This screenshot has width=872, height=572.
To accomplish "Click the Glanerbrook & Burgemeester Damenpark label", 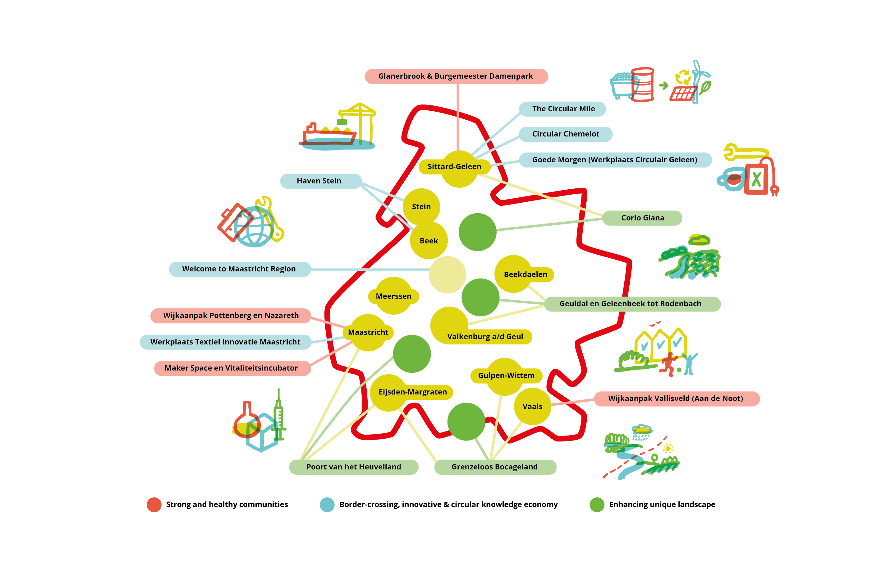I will [456, 76].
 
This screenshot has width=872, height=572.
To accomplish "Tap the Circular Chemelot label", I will [565, 134].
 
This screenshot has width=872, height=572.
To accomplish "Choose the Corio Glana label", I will [642, 218].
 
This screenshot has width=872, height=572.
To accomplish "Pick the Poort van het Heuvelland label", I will [354, 467].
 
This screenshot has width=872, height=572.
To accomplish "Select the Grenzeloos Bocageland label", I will [495, 467].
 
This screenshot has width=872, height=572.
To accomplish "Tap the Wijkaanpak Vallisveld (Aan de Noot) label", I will [676, 399].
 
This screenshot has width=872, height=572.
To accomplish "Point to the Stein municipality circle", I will [421, 207].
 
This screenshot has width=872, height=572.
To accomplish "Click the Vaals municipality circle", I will [532, 406].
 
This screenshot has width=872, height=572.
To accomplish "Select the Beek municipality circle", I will [429, 241].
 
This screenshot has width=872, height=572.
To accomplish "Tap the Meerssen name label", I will [393, 296].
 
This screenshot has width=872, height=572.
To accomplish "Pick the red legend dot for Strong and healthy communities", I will [154, 505].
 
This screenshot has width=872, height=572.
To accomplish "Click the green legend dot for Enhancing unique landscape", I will [597, 505].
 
